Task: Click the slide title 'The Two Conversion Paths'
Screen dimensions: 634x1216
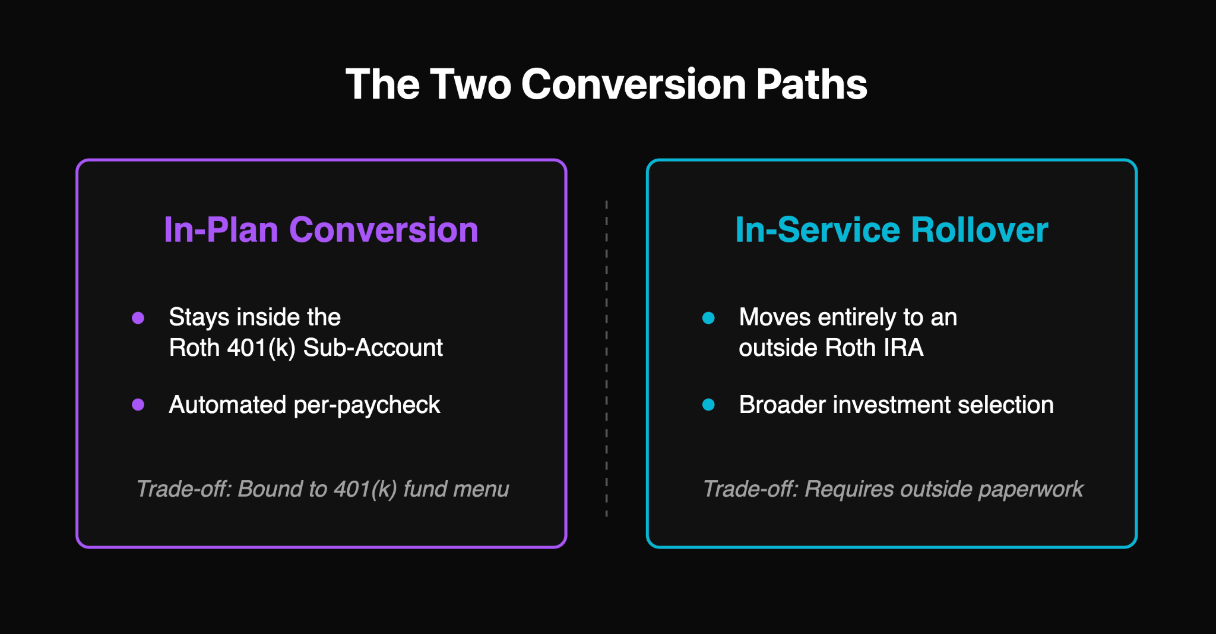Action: pos(606,84)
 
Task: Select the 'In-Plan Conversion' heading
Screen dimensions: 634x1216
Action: pos(321,230)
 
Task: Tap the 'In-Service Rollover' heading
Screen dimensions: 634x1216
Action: pos(891,230)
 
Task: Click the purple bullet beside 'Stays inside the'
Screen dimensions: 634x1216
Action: pos(138,318)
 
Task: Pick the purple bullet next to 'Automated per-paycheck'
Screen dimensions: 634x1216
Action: pos(138,405)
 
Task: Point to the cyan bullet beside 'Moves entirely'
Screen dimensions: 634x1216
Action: pos(708,318)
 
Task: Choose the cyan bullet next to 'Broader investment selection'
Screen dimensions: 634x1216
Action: pos(708,405)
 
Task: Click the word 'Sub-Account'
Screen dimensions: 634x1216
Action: pos(373,348)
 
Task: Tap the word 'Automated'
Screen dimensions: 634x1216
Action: pos(228,405)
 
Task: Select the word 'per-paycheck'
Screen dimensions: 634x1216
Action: pos(367,405)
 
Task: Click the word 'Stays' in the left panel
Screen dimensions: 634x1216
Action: pos(199,317)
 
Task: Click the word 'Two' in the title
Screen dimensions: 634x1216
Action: pos(470,84)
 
